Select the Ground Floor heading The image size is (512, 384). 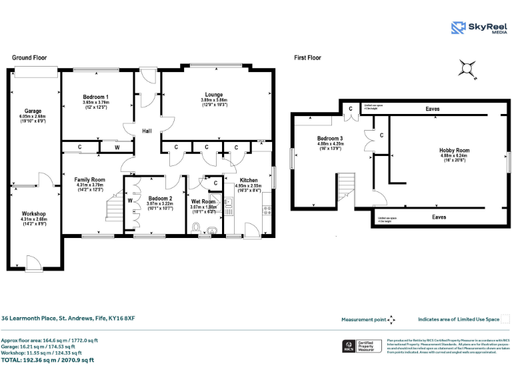pyautogui.click(x=29, y=58)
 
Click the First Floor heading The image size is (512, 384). pyautogui.click(x=307, y=58)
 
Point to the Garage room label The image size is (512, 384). pyautogui.click(x=33, y=111)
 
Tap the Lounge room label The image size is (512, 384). pyautogui.click(x=214, y=95)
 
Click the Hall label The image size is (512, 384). pyautogui.click(x=147, y=131)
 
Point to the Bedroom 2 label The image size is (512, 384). pyautogui.click(x=160, y=199)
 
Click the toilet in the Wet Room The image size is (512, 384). pyautogui.click(x=196, y=227)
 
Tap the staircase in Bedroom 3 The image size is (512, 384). pyautogui.click(x=346, y=186)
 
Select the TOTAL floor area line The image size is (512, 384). pyautogui.click(x=47, y=360)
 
